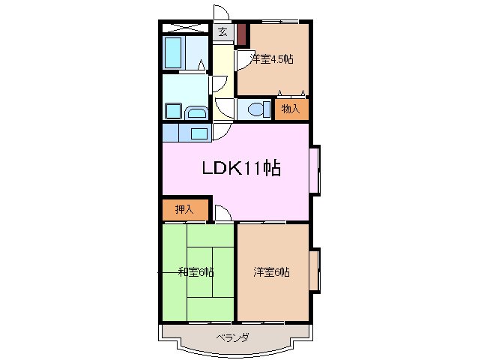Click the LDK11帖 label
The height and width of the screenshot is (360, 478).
pyautogui.click(x=240, y=169)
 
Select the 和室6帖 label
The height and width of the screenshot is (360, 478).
pyautogui.click(x=196, y=271)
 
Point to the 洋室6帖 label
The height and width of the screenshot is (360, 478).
pyautogui.click(x=271, y=271)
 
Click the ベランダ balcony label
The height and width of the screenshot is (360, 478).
pyautogui.click(x=232, y=337)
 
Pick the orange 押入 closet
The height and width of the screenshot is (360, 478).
pyautogui.click(x=184, y=209)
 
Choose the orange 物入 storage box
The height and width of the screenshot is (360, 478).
pyautogui.click(x=291, y=109)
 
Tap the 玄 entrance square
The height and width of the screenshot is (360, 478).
pyautogui.click(x=223, y=31)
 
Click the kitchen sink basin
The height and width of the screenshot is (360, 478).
pyautogui.click(x=199, y=133)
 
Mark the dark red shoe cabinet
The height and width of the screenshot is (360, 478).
pyautogui.click(x=241, y=34)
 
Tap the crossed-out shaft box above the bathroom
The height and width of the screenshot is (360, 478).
pyautogui.click(x=185, y=28)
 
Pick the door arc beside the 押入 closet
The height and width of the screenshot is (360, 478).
pyautogui.click(x=222, y=213)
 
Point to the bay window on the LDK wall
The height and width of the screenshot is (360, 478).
pyautogui.click(x=315, y=169)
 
